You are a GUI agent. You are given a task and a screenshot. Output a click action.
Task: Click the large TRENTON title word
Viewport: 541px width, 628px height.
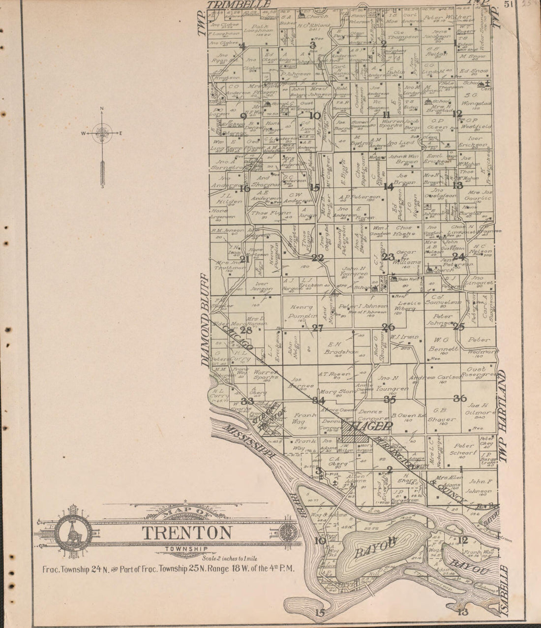coord(187,533)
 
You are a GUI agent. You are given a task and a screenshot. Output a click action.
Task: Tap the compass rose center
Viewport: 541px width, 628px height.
coord(102,133)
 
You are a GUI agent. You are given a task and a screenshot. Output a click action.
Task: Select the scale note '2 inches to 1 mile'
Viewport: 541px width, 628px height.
coord(233,558)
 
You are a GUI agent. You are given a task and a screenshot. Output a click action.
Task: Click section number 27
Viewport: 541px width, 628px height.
coord(317,328)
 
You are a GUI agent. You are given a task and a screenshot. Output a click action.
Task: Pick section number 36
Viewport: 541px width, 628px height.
coord(459,398)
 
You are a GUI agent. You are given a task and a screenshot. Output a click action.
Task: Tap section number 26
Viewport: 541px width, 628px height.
coord(389,327)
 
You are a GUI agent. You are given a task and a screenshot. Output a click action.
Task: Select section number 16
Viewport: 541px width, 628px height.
coord(244,188)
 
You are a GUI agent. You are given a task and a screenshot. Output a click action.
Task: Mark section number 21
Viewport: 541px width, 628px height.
coord(244,258)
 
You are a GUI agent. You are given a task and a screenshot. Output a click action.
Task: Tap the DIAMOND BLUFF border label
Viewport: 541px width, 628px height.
coord(206,320)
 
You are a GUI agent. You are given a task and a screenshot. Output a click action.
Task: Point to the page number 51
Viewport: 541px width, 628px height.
coord(509,4)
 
